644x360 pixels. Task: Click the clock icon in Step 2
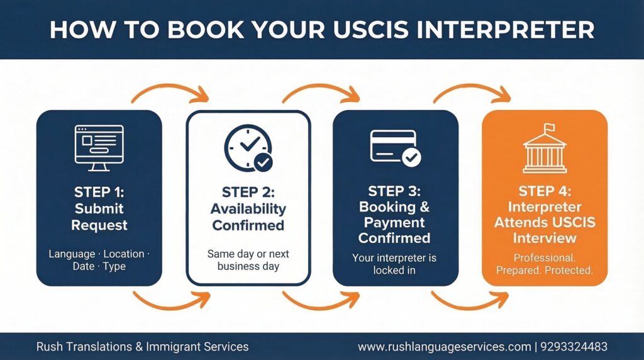247,147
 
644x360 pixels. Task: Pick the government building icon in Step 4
544,151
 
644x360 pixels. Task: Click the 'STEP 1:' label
99,191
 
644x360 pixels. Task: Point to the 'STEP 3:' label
394,191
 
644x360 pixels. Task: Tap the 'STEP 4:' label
545,191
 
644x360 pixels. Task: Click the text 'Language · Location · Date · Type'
99,260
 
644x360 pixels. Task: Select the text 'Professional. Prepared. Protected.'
545,264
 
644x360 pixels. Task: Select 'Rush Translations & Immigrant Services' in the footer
142,347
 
